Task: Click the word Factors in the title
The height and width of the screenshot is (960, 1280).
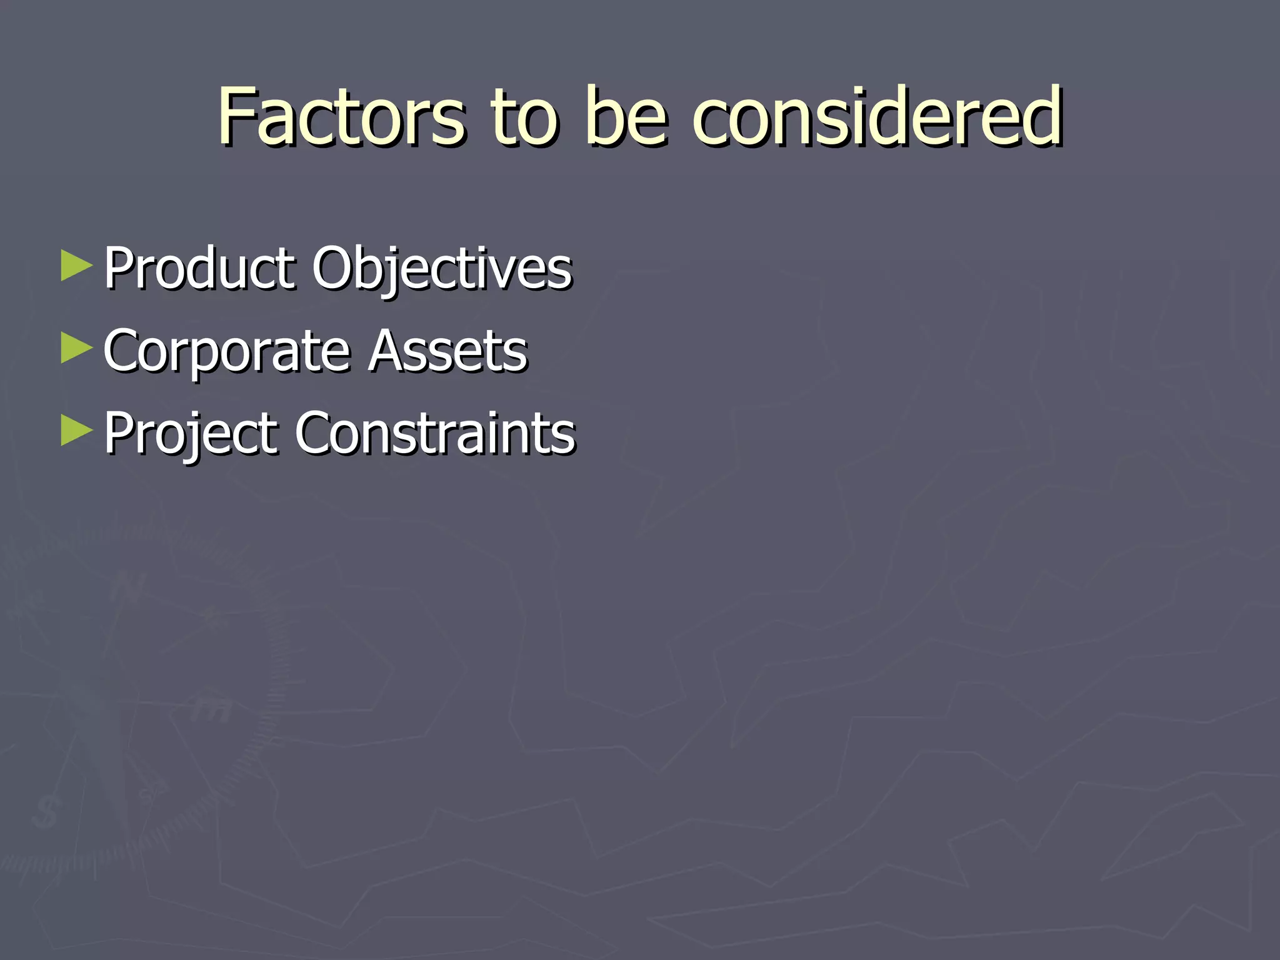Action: (x=341, y=117)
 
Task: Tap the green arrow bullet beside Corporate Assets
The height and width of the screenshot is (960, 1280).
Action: (x=76, y=348)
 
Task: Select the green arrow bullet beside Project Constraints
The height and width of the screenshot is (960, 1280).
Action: (x=76, y=431)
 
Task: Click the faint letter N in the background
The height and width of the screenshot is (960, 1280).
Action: (x=128, y=587)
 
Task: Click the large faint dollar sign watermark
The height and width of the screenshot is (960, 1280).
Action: (x=46, y=812)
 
